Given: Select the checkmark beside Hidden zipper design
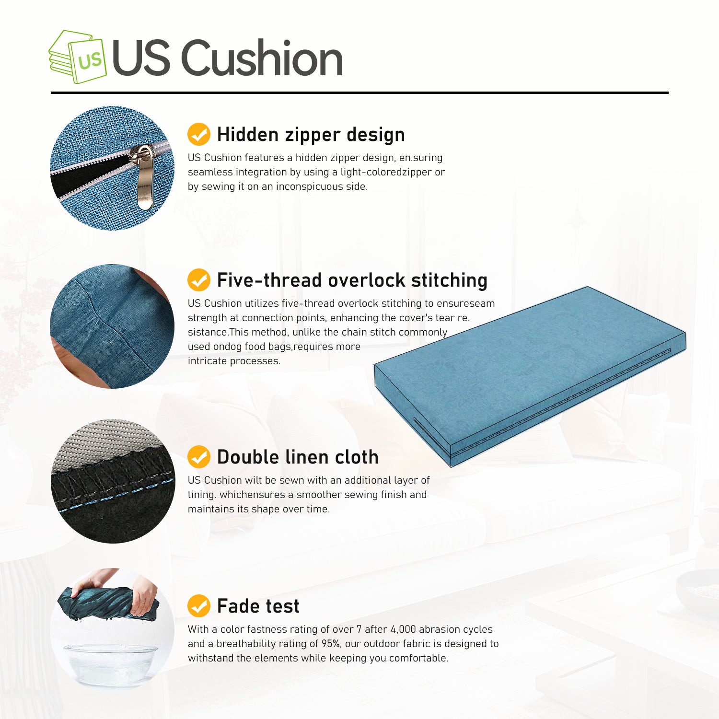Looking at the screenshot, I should coord(198,134).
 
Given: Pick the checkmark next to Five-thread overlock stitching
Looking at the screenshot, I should coord(198,280).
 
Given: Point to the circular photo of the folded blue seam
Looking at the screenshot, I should coord(112,326).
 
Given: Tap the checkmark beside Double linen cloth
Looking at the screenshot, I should coord(198,457).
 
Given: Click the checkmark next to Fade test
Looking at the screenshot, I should coord(198,606).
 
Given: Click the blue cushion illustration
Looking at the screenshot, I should coord(527,374).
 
